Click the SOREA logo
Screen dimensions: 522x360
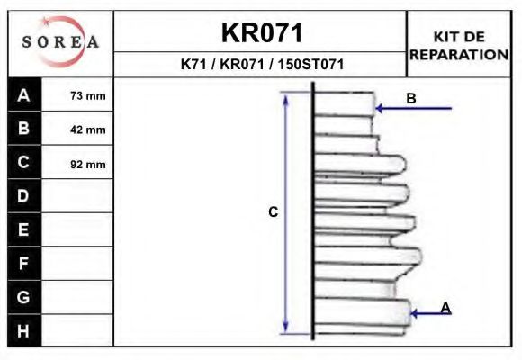tap(60, 41)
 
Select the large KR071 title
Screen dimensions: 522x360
tap(262, 33)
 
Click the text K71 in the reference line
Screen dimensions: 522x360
tap(193, 64)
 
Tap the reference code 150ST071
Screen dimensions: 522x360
tap(310, 64)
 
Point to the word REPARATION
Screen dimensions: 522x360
tap(459, 55)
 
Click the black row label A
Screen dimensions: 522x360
tap(24, 94)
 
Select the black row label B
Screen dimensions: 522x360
tap(24, 128)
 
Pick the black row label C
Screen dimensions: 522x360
tap(24, 162)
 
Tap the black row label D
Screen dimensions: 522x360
tap(24, 196)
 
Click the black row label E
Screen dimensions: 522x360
tap(24, 229)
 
